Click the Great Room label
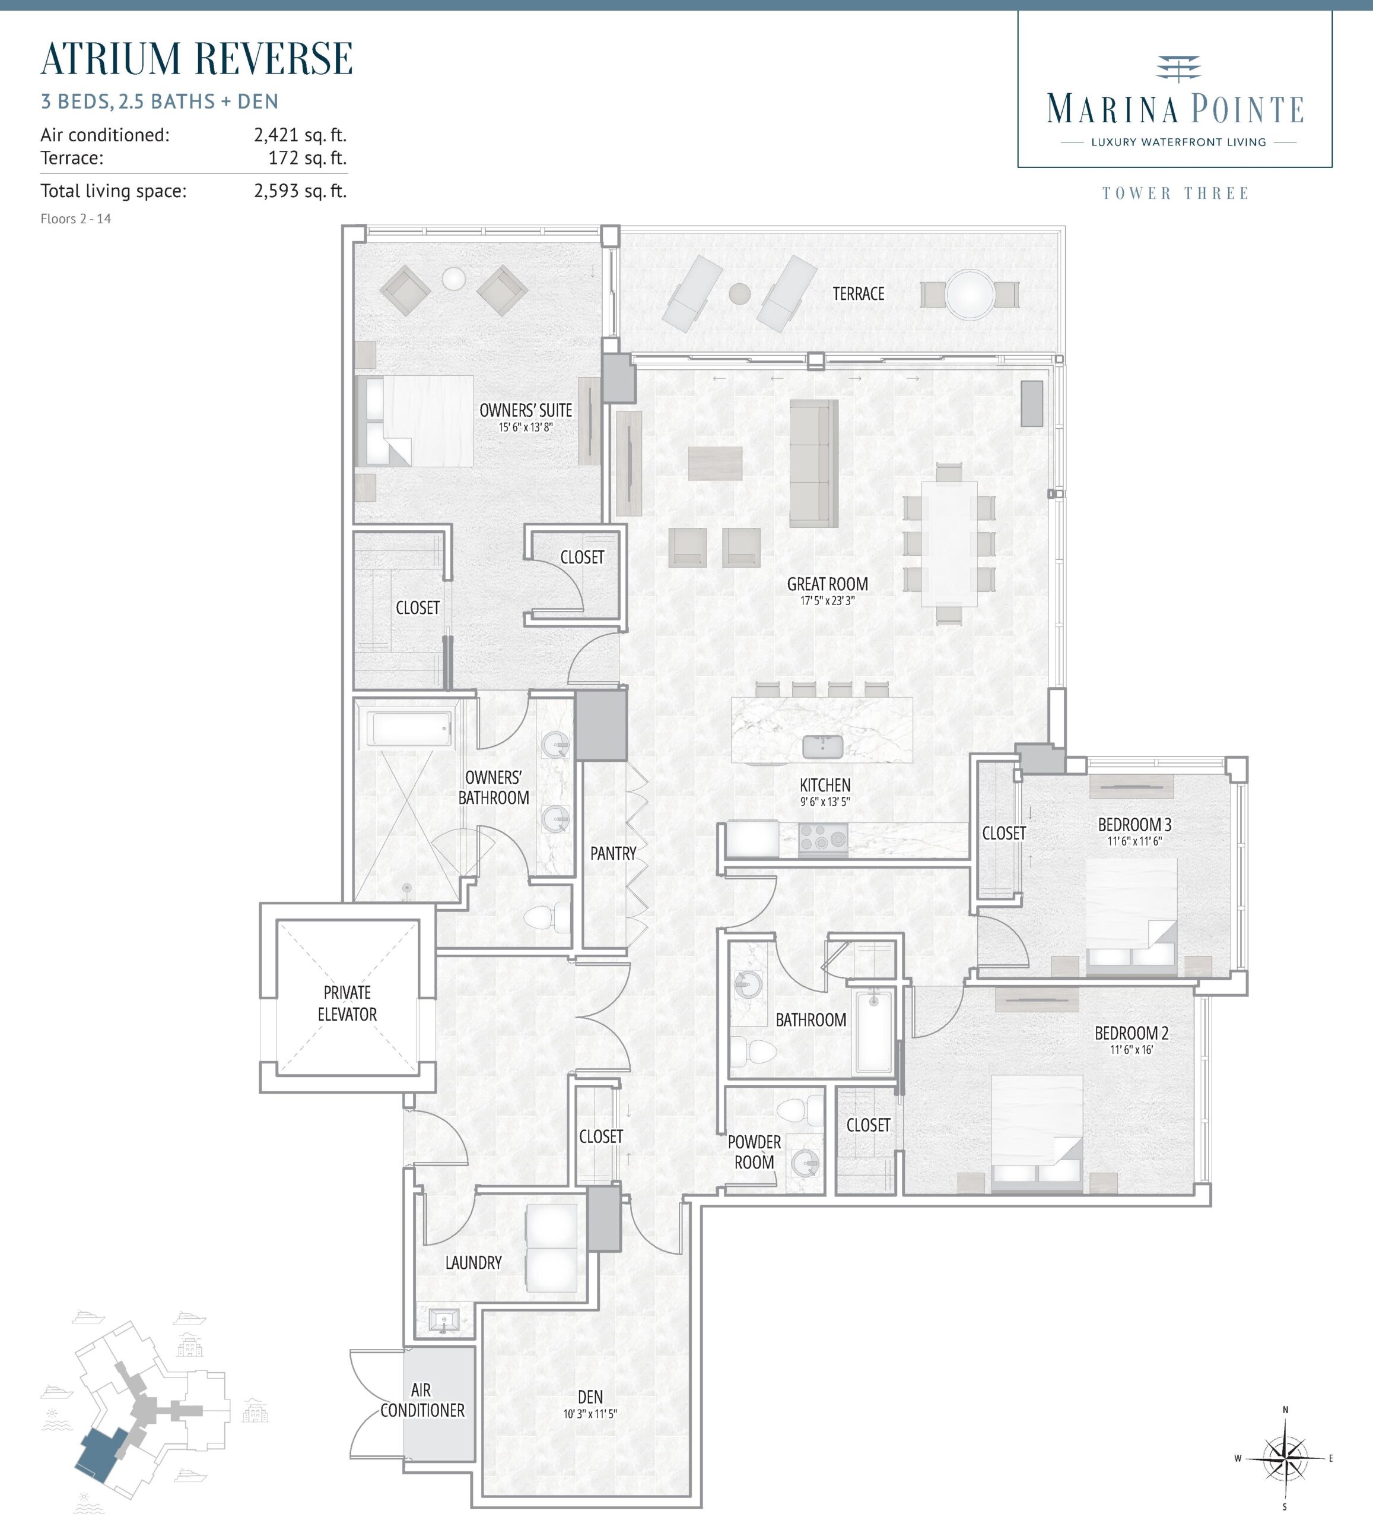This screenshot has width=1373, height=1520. (x=827, y=584)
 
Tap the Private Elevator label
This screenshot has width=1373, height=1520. (x=347, y=1003)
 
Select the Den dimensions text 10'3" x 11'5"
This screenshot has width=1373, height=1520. (x=590, y=1414)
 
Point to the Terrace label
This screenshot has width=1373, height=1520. (x=859, y=293)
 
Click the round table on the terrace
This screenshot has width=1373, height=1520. (x=970, y=295)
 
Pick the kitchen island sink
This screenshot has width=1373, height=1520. (x=823, y=746)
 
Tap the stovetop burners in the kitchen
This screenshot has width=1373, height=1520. (x=823, y=838)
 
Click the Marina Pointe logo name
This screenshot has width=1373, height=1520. (x=1175, y=109)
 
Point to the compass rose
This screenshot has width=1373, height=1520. (x=1285, y=1458)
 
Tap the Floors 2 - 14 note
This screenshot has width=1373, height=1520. (x=75, y=218)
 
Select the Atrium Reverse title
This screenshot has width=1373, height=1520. (x=196, y=59)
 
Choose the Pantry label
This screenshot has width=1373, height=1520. (x=614, y=853)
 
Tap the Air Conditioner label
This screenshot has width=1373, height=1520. (x=422, y=1399)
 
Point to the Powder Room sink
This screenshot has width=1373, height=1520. (x=806, y=1163)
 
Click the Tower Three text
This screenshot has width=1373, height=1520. (x=1175, y=193)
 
